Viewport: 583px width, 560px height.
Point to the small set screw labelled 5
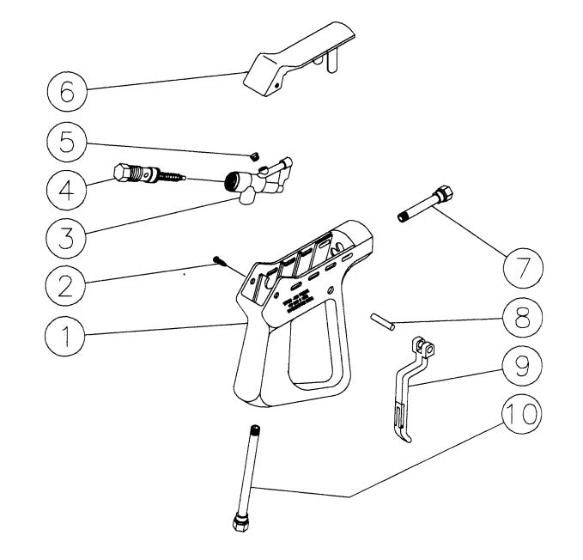click(x=255, y=155)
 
